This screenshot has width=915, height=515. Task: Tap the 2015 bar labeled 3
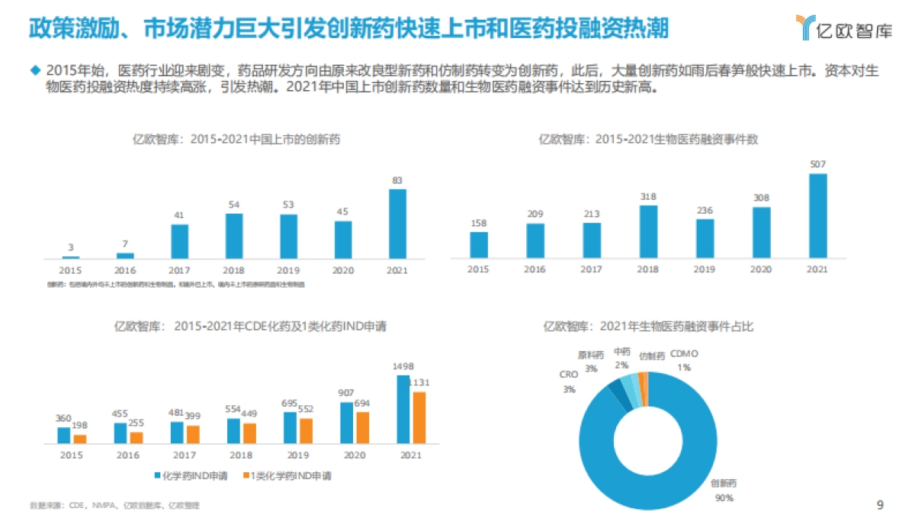[x=71, y=257]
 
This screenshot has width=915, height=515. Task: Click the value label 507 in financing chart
[x=817, y=163]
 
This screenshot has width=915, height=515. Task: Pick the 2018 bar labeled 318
[x=648, y=231]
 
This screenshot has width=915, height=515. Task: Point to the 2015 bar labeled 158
[x=479, y=244]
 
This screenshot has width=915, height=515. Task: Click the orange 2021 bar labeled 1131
[x=419, y=417]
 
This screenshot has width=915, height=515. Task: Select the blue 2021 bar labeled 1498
[x=403, y=409]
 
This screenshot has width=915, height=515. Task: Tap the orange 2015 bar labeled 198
[x=79, y=439]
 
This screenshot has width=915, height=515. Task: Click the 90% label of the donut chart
[x=724, y=497]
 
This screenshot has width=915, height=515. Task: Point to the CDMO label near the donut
[x=684, y=354]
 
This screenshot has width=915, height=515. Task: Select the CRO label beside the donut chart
[x=568, y=375]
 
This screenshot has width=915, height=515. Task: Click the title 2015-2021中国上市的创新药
[x=236, y=139]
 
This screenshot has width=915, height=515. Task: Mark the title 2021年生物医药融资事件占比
[x=648, y=326]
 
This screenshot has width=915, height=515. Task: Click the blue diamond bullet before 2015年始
[x=34, y=70]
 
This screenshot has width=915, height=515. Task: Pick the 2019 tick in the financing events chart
[x=705, y=269]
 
